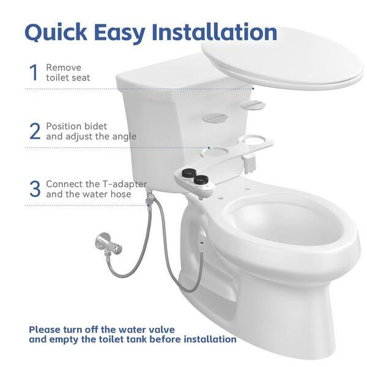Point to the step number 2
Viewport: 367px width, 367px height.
tap(35, 132)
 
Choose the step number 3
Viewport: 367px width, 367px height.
tap(35, 189)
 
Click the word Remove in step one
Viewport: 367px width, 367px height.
tap(63, 67)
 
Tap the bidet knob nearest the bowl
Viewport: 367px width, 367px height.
tap(199, 180)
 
